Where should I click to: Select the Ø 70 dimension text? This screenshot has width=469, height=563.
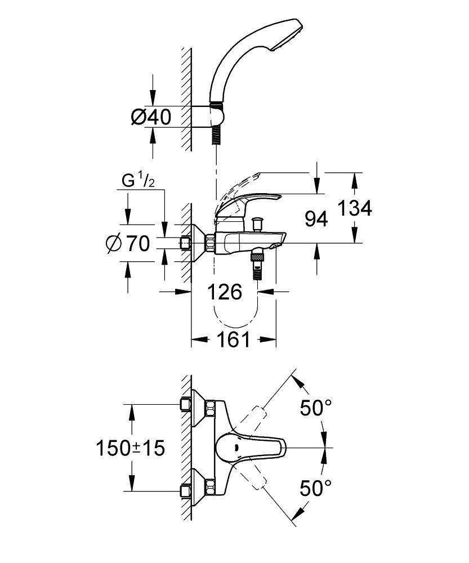(x=128, y=243)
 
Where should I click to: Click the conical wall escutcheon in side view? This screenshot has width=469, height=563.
(x=197, y=243)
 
